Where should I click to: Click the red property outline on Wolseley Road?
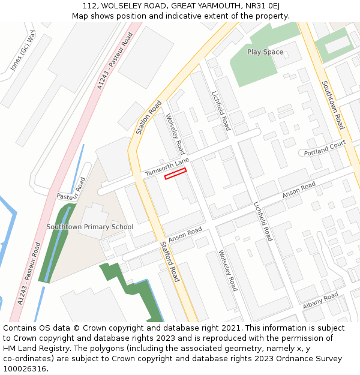point(175,173)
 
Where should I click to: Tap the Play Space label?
point(265,52)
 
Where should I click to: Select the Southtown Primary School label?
point(90,227)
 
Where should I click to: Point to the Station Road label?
point(149,117)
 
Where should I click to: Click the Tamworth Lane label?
point(167,167)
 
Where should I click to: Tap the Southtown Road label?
point(332,105)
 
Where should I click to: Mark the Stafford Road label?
point(170,261)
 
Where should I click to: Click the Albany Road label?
point(320,301)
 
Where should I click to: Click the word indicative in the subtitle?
point(190,16)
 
